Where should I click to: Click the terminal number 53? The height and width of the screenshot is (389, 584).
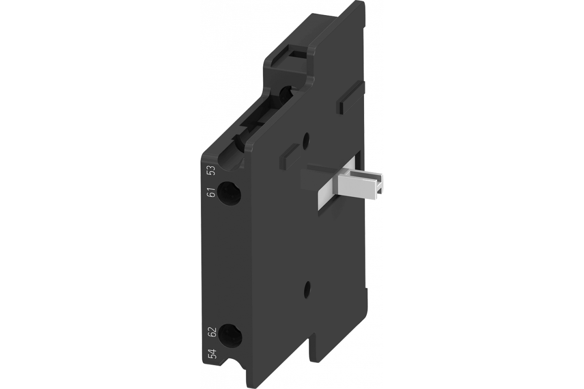tap(213, 170)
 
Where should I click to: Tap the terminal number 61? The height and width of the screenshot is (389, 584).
tap(213, 192)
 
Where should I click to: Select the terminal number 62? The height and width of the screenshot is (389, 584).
tap(213, 332)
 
